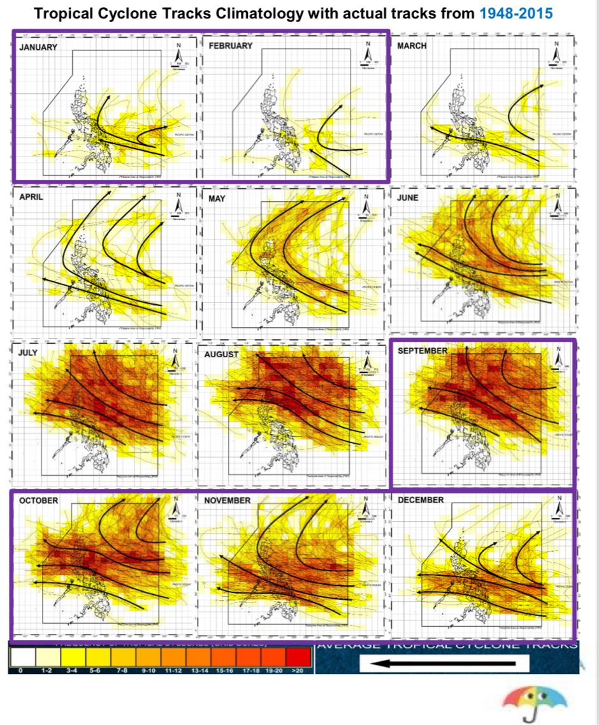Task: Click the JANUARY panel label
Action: coord(38,47)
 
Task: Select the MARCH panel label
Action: coord(412,46)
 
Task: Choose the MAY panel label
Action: coord(217,199)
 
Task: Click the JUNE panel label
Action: coord(408,198)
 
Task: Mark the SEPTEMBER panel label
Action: coord(422,351)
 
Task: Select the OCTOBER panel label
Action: coord(38,501)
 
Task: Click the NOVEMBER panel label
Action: coord(227,501)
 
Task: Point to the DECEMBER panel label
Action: coord(421,500)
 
